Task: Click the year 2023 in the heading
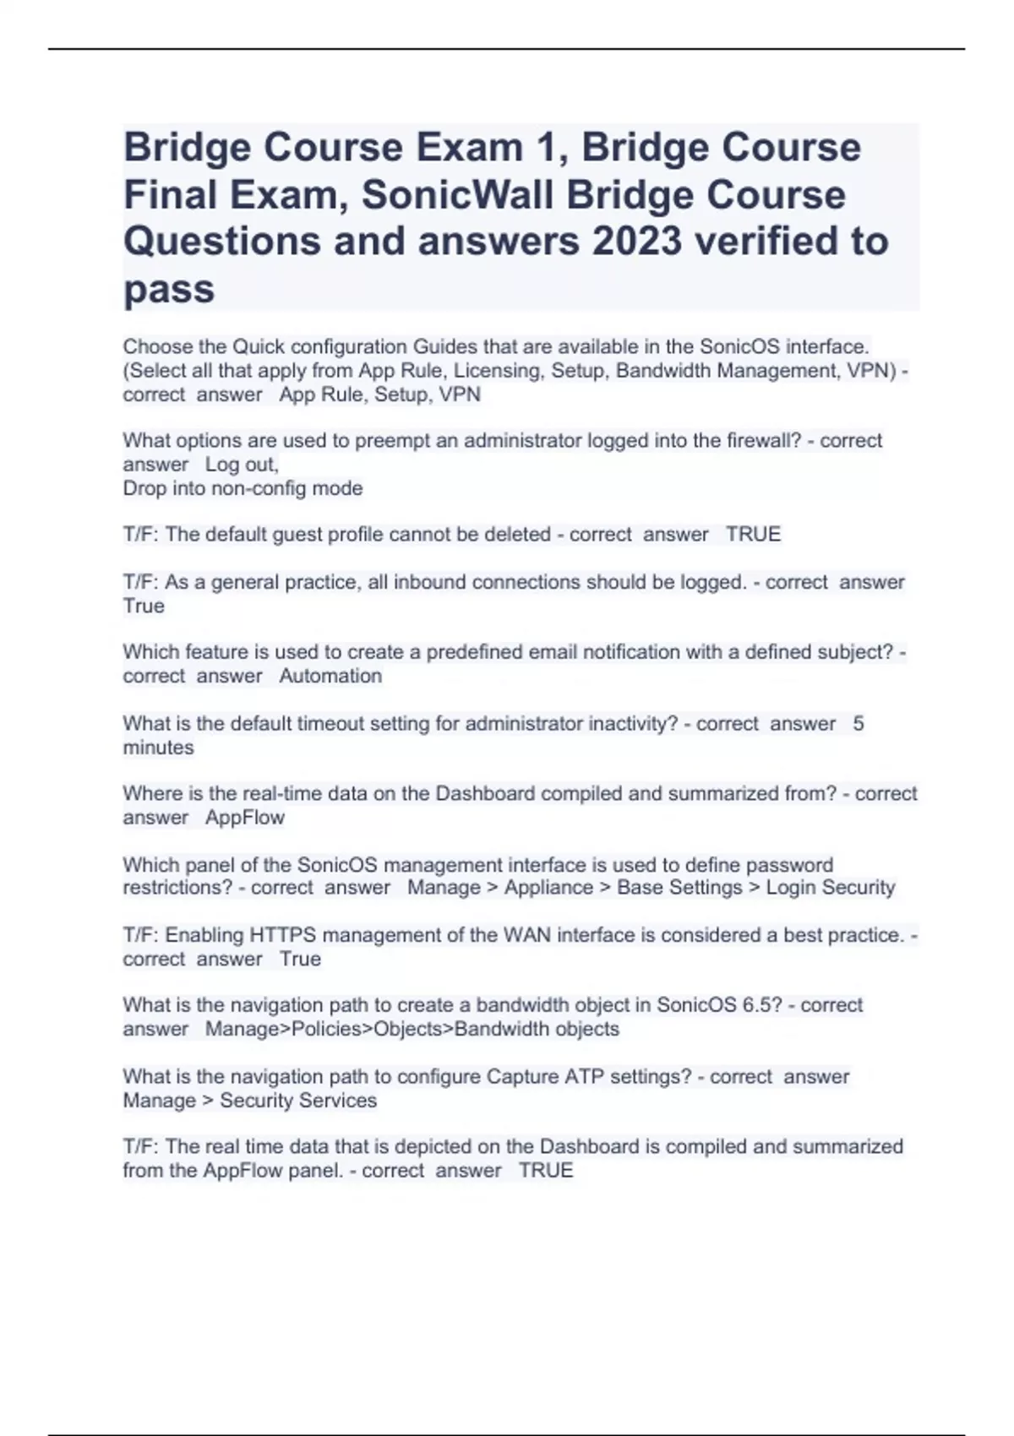pos(636,242)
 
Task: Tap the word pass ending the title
pos(169,290)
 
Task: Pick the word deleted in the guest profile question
pos(514,535)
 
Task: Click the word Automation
pos(330,676)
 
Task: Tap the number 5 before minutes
pos(859,724)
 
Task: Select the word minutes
pos(158,748)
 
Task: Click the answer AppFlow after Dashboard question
pos(245,818)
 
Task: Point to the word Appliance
pos(548,888)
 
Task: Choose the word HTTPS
pos(283,936)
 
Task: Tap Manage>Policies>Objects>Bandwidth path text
pos(412,1029)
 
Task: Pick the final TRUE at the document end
pos(546,1171)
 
